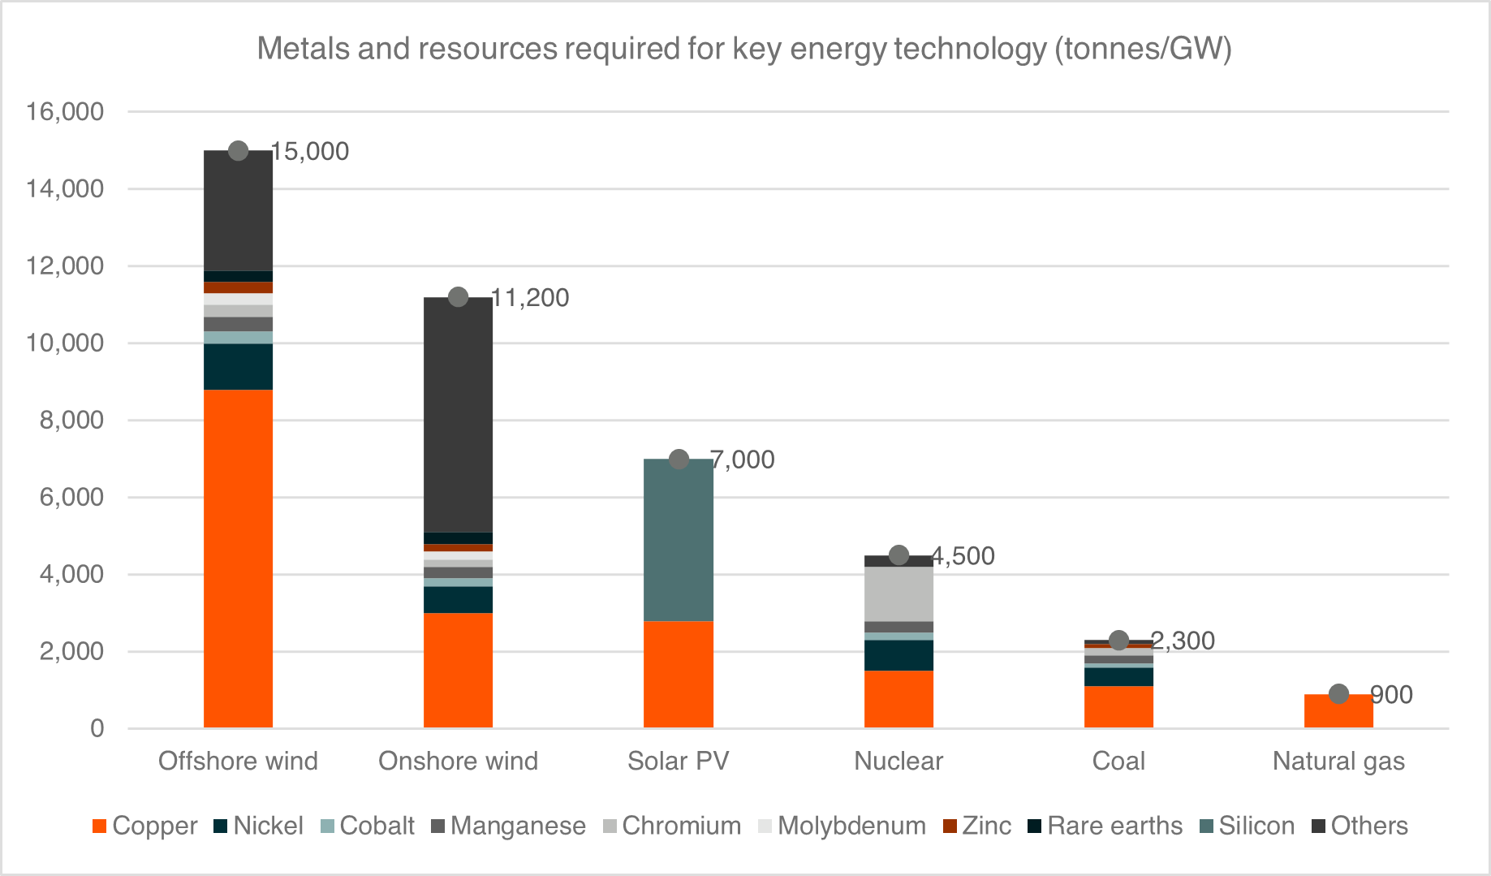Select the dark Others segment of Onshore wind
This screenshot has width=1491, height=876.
(458, 414)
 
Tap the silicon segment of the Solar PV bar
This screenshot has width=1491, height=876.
(678, 540)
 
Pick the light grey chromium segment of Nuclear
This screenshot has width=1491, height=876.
(898, 593)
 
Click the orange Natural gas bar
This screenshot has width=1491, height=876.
(1338, 711)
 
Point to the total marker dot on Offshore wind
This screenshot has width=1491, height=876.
(238, 151)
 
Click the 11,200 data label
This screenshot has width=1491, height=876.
(530, 298)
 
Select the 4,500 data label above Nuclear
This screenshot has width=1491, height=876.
(963, 556)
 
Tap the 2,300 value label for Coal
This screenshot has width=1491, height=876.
(1183, 641)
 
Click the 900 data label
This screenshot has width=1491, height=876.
(1392, 695)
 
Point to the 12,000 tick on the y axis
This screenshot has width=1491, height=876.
(65, 266)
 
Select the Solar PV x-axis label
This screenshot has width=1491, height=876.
(678, 762)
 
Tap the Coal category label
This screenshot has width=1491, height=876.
(1118, 762)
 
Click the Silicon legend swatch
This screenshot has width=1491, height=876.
(1207, 826)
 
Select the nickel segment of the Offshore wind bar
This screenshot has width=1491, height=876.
(238, 367)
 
